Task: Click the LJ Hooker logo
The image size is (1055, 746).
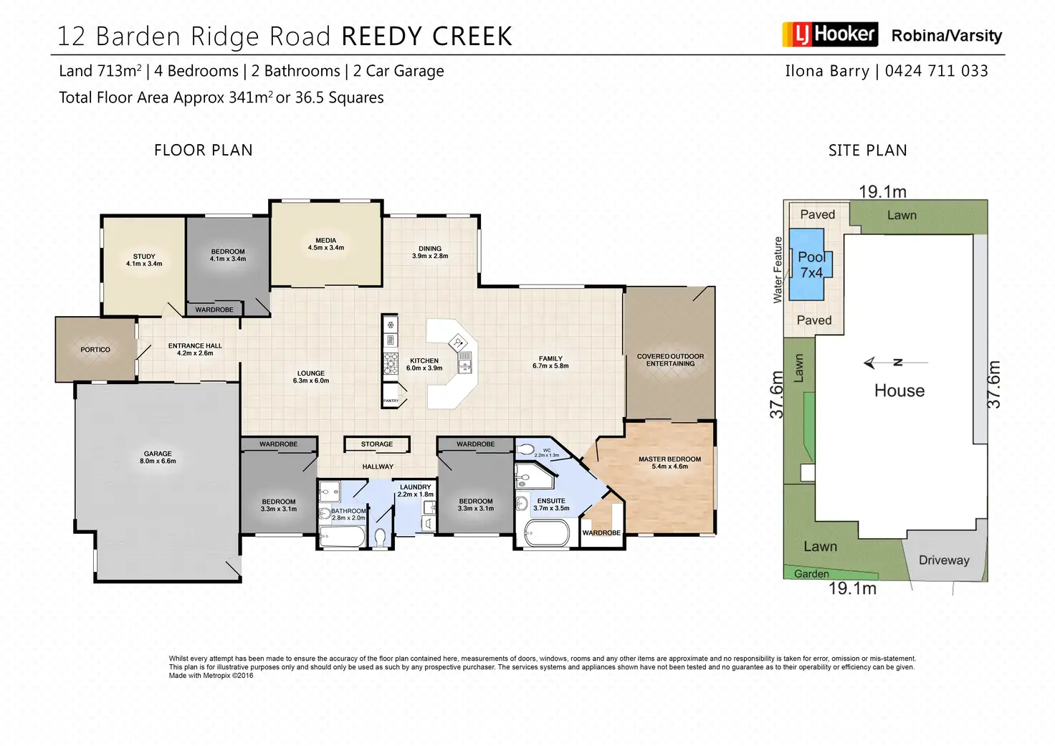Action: click(829, 34)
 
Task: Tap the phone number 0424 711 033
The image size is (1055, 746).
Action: click(936, 71)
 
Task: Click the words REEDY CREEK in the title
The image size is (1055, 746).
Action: click(426, 37)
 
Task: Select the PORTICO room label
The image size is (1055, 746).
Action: click(95, 350)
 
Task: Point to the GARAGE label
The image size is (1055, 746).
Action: click(158, 454)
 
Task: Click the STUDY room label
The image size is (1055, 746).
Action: click(144, 257)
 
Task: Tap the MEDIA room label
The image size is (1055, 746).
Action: click(325, 241)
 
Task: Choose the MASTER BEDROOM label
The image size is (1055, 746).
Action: click(669, 459)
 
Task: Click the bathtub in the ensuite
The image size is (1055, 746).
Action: click(547, 533)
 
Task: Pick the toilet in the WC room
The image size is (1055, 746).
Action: click(525, 450)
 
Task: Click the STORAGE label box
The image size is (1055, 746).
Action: click(377, 444)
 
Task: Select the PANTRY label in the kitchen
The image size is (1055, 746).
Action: click(391, 401)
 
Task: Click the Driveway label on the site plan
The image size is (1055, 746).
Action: click(944, 560)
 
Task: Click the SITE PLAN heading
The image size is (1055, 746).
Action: click(867, 150)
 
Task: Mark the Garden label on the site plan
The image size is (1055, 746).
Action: click(811, 574)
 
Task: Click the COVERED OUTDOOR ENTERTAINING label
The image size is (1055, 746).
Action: click(670, 360)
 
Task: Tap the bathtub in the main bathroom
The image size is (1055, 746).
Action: click(342, 536)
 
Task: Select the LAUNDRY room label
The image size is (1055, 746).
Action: click(416, 487)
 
